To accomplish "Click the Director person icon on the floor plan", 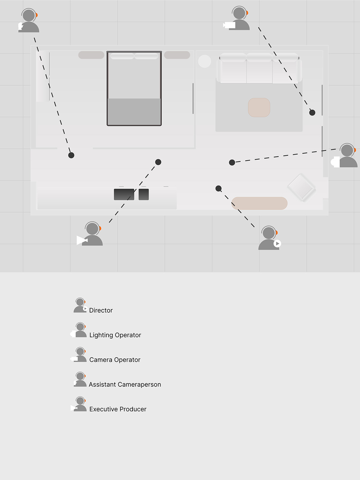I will (x=269, y=238).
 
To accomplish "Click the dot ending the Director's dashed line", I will (x=218, y=188).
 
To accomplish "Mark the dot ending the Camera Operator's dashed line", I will (x=312, y=112).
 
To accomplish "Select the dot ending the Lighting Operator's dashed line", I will (x=232, y=162).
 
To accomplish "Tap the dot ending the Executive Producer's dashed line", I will (x=158, y=162).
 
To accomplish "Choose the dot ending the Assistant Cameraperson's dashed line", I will (x=71, y=155).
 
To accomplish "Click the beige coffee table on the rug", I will (x=259, y=107).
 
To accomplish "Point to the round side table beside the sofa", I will (x=205, y=61).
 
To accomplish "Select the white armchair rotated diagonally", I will (x=301, y=187).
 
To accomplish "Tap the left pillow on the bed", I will (x=122, y=56).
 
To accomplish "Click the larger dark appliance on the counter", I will (x=124, y=194).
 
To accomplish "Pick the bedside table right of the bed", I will (x=177, y=55).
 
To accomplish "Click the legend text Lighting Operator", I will (x=115, y=335).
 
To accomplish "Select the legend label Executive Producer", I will (x=118, y=409).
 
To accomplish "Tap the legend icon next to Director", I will (x=80, y=306).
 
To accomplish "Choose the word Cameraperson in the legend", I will (x=139, y=385).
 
